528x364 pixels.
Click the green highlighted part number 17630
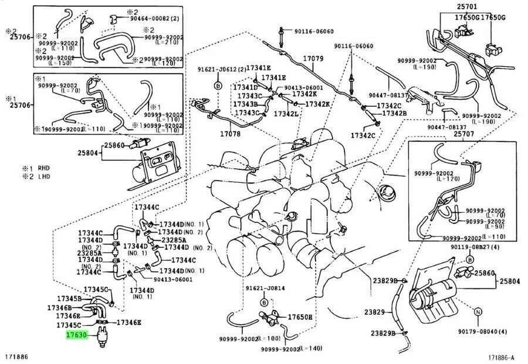click(76, 335)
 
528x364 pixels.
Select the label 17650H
click(300, 317)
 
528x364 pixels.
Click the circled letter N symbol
click(478, 311)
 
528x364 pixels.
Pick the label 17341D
click(245, 87)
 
